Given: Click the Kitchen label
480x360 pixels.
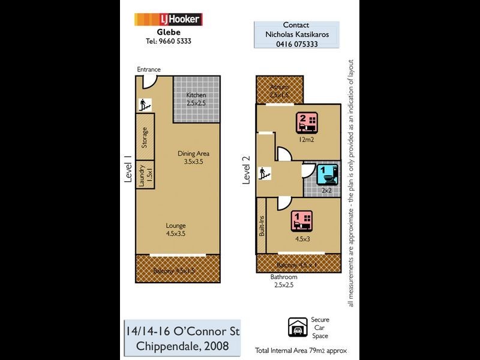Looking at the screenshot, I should click(196, 95).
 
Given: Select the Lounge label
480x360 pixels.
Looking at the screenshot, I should click(176, 226).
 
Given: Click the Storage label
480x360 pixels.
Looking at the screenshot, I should click(145, 138).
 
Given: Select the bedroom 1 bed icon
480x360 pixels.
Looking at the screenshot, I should click(301, 221).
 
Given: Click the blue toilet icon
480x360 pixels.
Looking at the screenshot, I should click(326, 174).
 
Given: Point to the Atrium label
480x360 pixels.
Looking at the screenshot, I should click(279, 87).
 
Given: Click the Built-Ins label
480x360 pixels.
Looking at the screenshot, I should click(262, 226).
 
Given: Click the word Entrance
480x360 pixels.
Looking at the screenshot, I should click(149, 70).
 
